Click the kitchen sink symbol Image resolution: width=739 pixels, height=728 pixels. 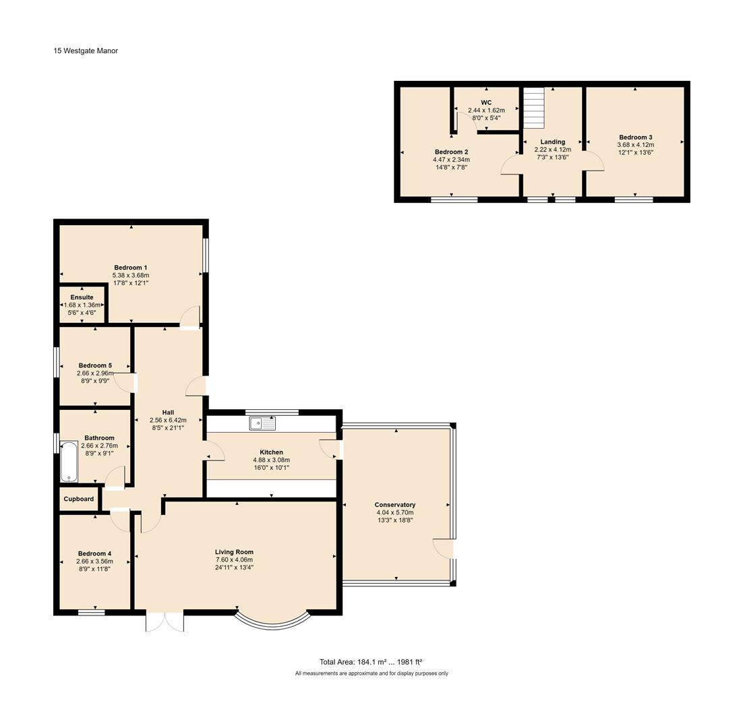(262, 423)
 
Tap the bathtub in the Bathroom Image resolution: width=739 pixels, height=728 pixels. (69, 462)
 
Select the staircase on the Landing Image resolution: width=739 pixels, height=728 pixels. (534, 108)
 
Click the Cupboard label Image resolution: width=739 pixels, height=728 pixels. (79, 499)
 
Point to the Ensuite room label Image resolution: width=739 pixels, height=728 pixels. (82, 297)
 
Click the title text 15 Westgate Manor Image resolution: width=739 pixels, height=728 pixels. (86, 51)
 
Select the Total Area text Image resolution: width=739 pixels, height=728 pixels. (370, 662)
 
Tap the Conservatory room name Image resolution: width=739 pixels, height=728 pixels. (395, 505)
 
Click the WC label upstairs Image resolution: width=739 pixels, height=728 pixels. (486, 102)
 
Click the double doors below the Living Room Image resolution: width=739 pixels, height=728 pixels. (165, 621)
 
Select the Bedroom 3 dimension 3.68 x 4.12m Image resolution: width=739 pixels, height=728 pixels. (635, 145)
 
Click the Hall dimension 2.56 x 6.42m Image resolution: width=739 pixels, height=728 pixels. (168, 420)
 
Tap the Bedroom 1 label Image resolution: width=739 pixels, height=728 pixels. (131, 268)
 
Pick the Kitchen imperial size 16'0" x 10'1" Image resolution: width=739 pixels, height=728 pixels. (271, 467)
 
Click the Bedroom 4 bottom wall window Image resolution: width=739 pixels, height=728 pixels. (91, 612)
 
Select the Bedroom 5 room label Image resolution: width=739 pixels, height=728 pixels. (95, 365)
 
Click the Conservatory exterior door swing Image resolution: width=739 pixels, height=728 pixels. (443, 549)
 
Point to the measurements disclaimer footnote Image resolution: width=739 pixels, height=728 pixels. (371, 673)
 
